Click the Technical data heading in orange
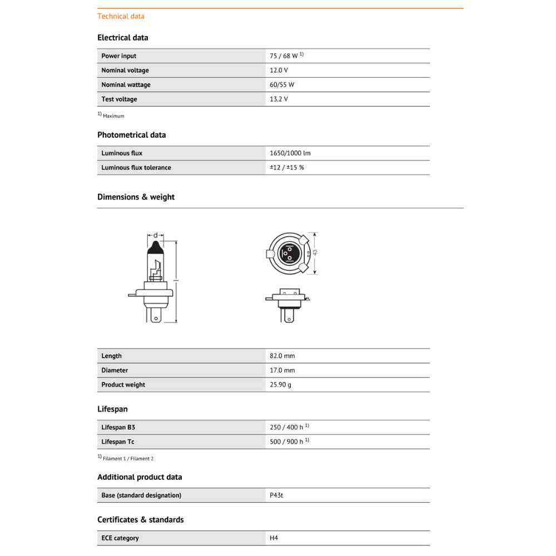point(121,16)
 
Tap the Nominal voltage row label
point(125,70)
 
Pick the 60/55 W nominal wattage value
point(282,85)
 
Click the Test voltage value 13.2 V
point(279,99)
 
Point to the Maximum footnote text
point(113,116)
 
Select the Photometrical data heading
point(131,135)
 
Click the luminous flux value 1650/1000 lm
point(290,153)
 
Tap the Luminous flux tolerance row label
point(136,167)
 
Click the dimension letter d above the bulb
point(156,235)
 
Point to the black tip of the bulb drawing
point(156,248)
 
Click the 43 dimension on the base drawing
point(315,252)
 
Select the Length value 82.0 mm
point(282,356)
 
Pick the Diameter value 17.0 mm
point(282,370)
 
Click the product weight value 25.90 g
point(281,385)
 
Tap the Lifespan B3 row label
point(118,427)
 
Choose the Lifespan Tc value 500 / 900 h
point(287,441)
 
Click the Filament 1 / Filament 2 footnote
point(128,459)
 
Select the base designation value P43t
point(276,495)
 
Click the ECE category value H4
point(274,538)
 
